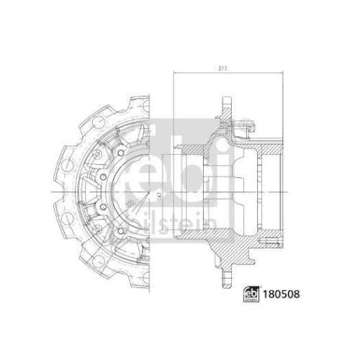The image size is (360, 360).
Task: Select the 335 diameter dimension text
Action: [x=130, y=204]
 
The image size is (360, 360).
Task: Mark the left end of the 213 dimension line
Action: [x=174, y=75]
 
